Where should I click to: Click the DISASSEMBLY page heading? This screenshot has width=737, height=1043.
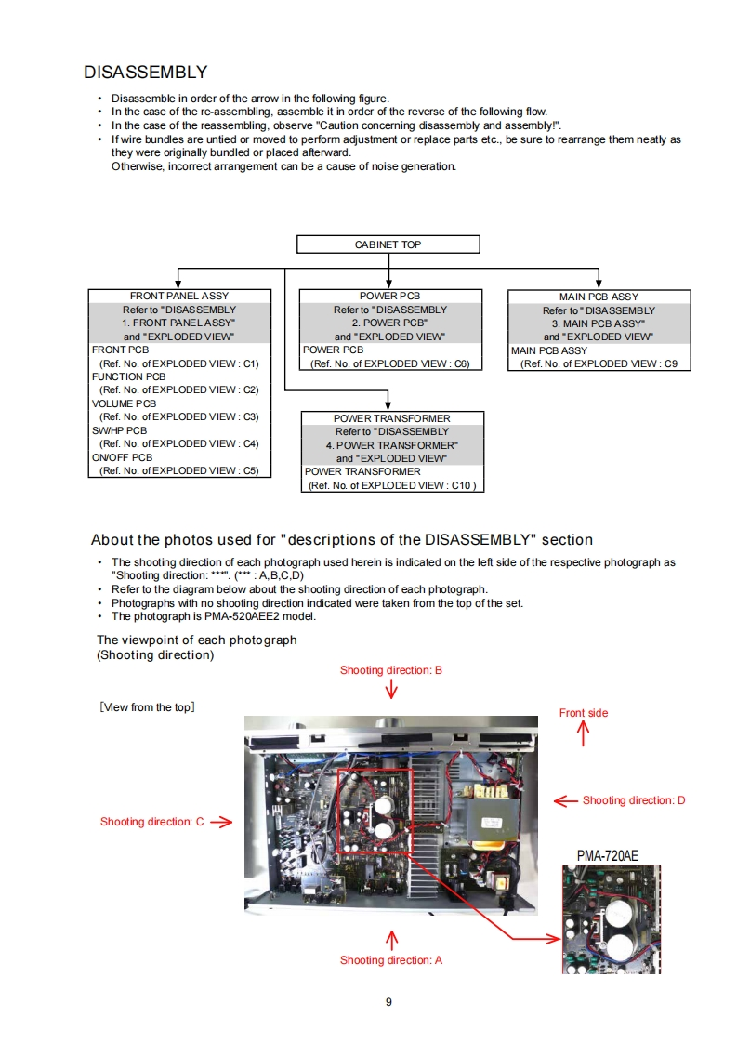tap(145, 72)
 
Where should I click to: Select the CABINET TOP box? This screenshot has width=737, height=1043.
tap(388, 244)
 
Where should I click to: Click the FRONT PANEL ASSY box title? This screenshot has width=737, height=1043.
tap(179, 296)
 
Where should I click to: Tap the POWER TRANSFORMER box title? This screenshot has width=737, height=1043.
tap(391, 418)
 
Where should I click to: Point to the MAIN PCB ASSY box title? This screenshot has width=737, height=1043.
tap(599, 297)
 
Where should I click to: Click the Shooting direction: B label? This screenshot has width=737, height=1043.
tap(390, 670)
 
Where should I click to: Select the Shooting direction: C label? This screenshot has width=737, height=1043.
tap(151, 822)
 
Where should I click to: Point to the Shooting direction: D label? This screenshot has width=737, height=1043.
tap(634, 800)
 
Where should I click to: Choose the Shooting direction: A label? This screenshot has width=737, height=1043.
tap(390, 960)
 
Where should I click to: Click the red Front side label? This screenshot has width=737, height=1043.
tap(584, 713)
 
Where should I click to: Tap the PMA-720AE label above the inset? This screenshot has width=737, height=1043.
tap(608, 855)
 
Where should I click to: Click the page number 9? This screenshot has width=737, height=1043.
tap(388, 1001)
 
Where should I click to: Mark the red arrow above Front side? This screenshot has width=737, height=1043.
tap(584, 734)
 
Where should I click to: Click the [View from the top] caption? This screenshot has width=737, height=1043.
tap(146, 707)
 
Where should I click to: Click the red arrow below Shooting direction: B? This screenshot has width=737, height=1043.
tap(391, 689)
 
